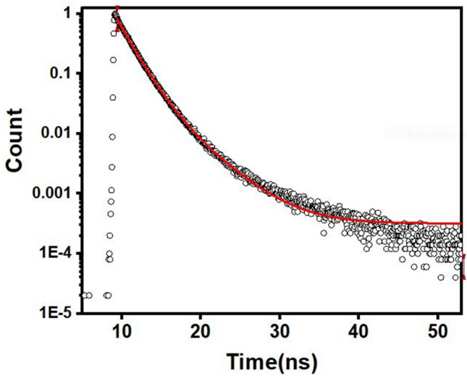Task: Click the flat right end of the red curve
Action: click(x=453, y=224)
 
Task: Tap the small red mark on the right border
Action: click(x=463, y=266)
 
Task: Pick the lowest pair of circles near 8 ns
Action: click(x=107, y=295)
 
